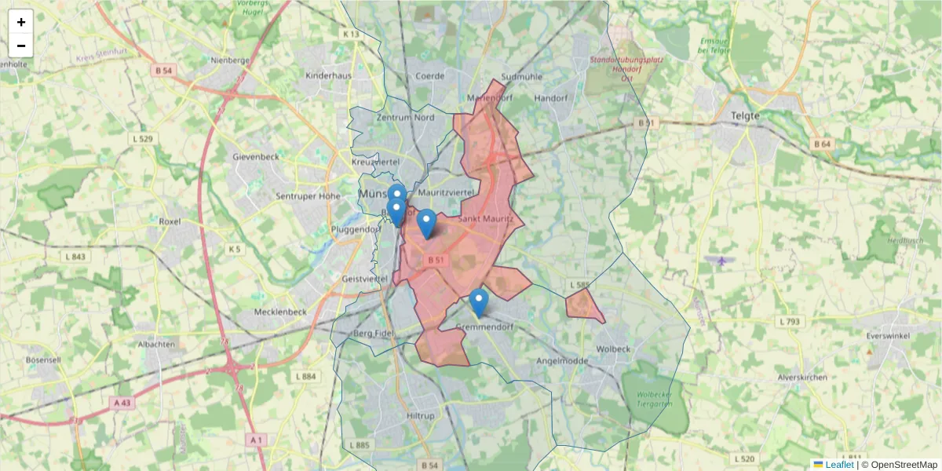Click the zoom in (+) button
click(21, 22)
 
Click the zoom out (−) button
click(21, 46)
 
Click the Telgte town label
click(745, 115)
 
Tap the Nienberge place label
click(230, 60)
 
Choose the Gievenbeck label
click(256, 157)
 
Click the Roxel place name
click(170, 222)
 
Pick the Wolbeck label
click(613, 348)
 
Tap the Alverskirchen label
click(802, 378)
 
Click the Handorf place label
click(550, 99)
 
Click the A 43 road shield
click(121, 403)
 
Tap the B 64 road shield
click(822, 144)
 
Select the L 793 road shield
click(790, 322)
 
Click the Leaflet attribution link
click(839, 465)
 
